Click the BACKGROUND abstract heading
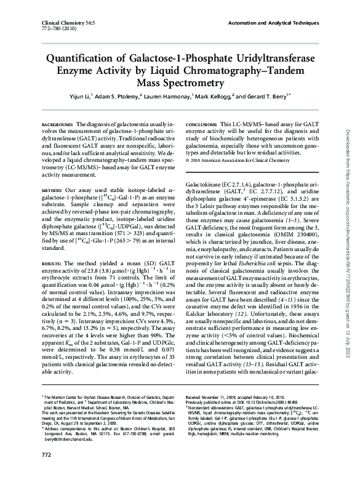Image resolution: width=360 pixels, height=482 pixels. [x=57, y=125]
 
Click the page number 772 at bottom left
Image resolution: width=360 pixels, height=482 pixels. [x=46, y=472]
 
